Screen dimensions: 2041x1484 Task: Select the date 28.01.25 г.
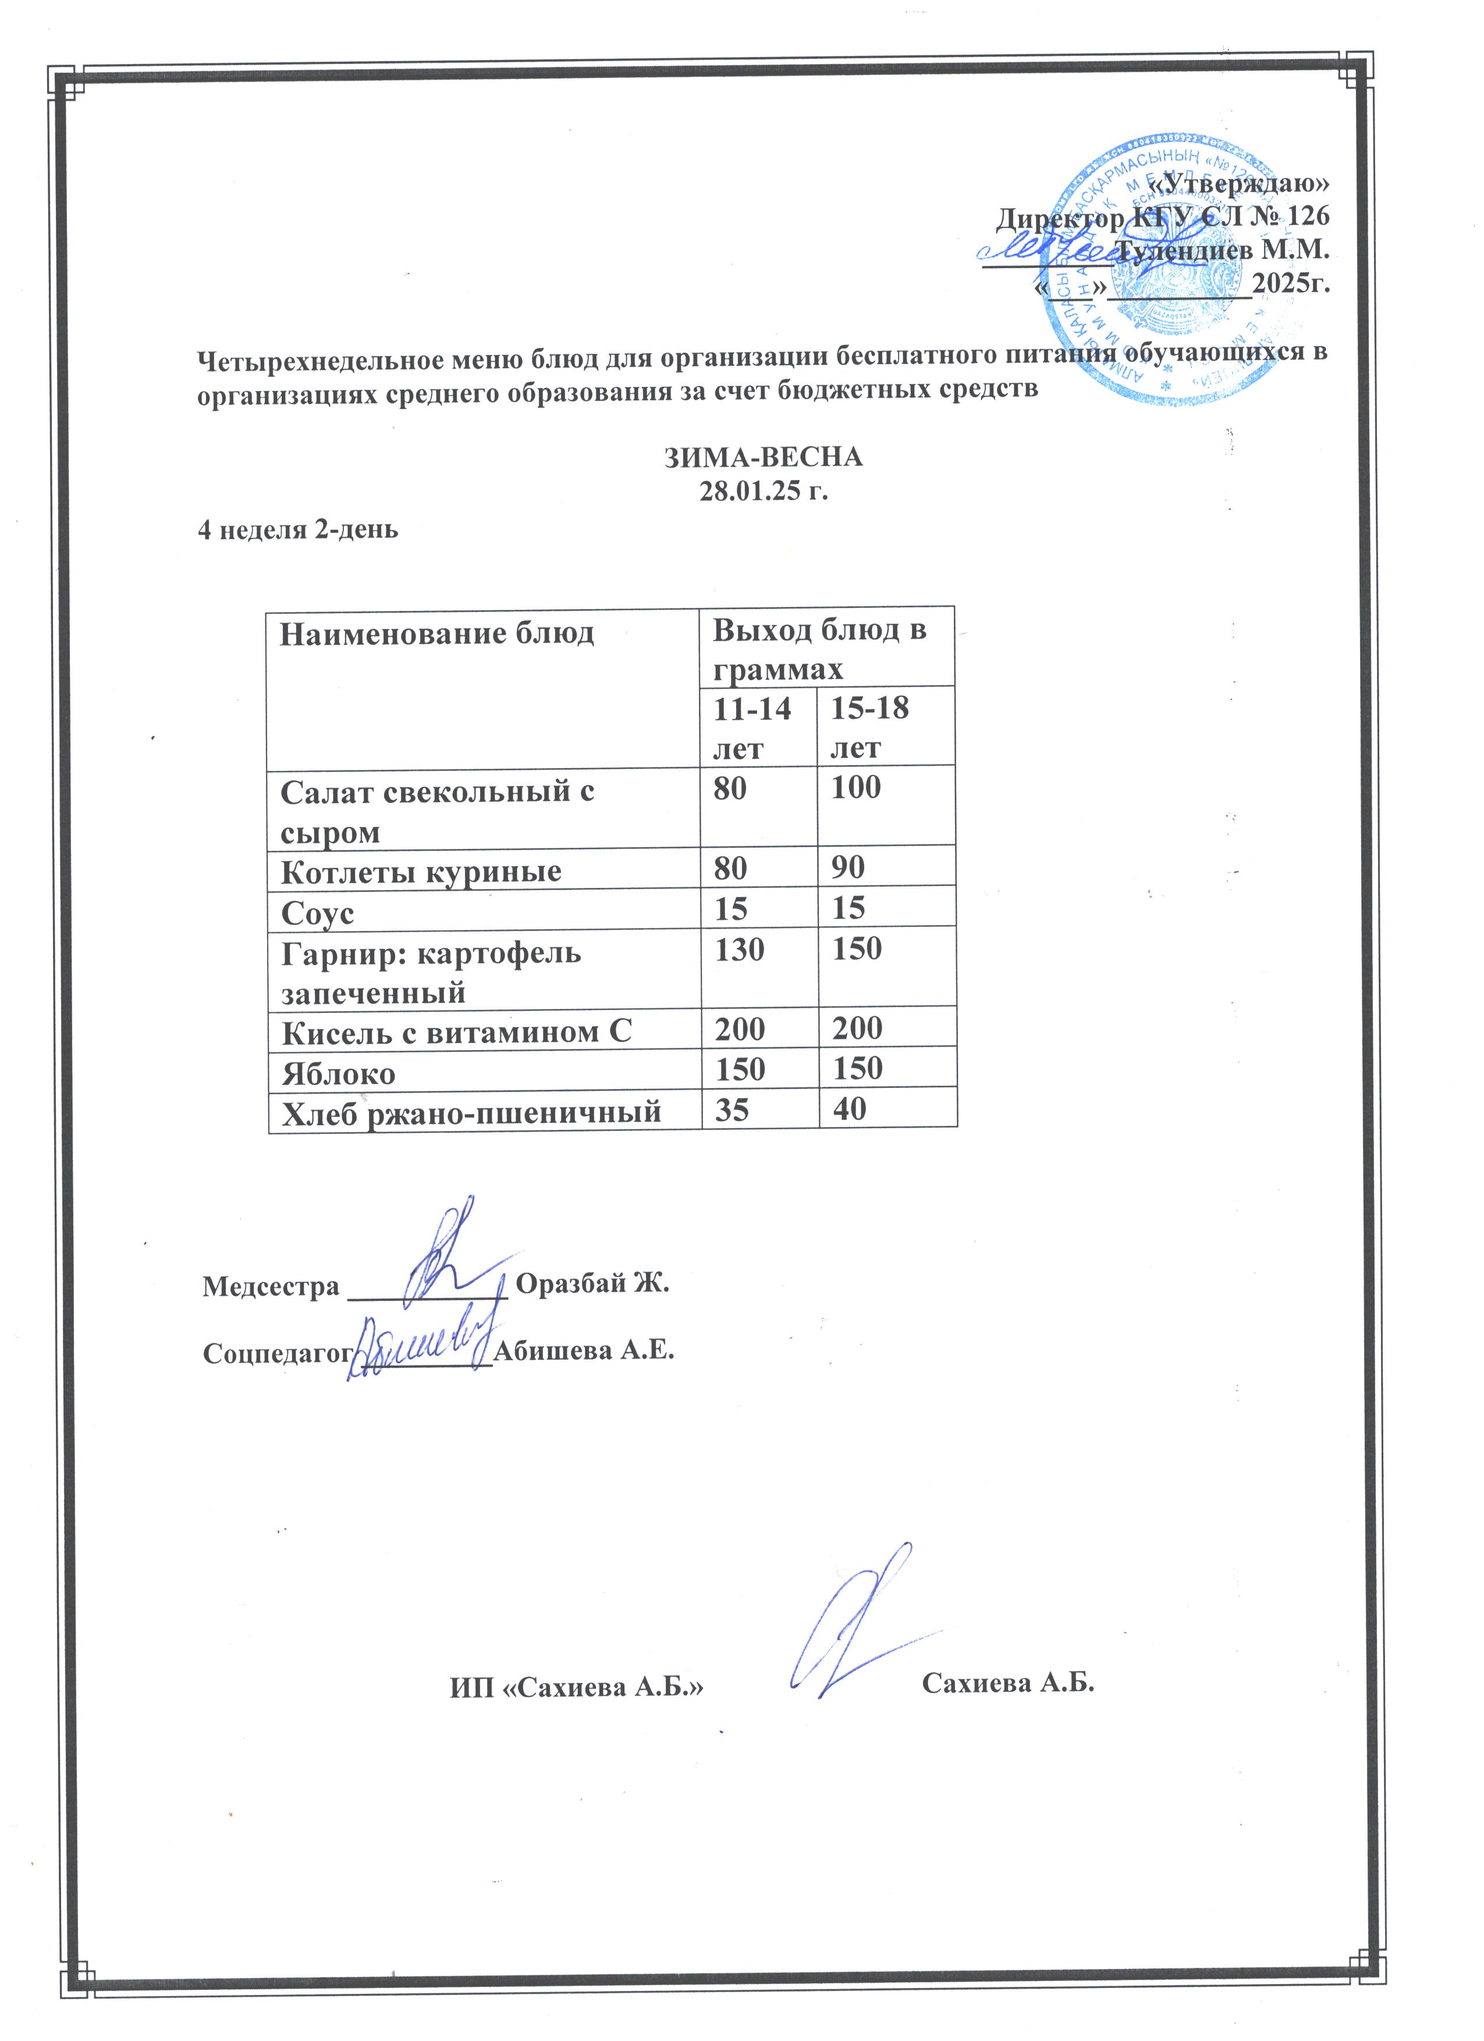pyautogui.click(x=764, y=492)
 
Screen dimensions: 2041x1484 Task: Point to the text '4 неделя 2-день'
pyautogui.click(x=297, y=529)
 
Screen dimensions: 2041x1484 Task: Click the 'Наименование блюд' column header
pyautogui.click(x=438, y=634)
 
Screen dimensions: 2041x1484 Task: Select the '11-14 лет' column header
pyautogui.click(x=752, y=728)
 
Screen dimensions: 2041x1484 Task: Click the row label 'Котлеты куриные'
pyautogui.click(x=421, y=871)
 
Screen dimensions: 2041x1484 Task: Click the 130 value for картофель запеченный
pyautogui.click(x=739, y=948)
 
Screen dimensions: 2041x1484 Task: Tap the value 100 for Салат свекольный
pyautogui.click(x=856, y=787)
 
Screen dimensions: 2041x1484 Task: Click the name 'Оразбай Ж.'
pyautogui.click(x=593, y=1283)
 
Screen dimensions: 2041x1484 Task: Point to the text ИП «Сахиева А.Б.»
pyautogui.click(x=576, y=1687)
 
